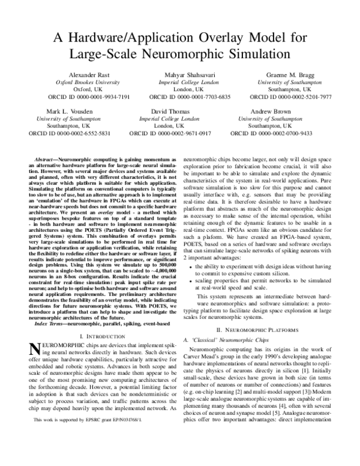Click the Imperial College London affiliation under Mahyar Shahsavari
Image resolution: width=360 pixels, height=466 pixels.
[x=181, y=83]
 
